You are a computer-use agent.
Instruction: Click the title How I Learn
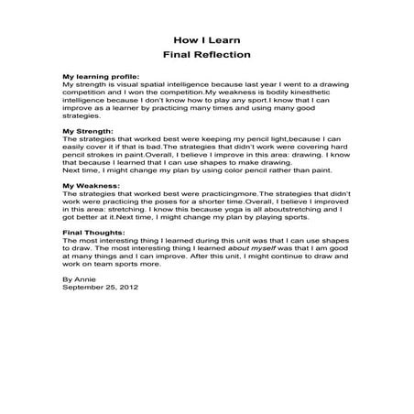(x=206, y=40)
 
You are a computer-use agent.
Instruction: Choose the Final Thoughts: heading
(x=91, y=232)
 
